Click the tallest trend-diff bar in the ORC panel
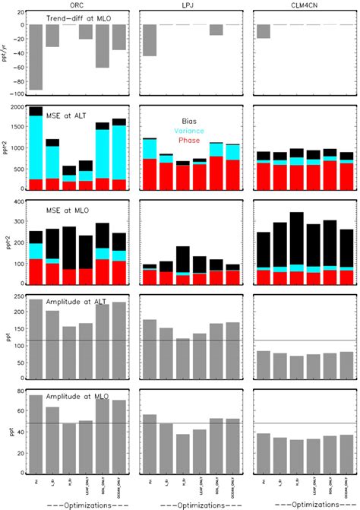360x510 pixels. pos(36,57)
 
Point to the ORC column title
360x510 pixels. pos(77,5)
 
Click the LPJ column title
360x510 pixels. pos(194,5)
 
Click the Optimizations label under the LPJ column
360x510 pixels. pos(194,503)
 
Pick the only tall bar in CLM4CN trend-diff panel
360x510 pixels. pos(264,31)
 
